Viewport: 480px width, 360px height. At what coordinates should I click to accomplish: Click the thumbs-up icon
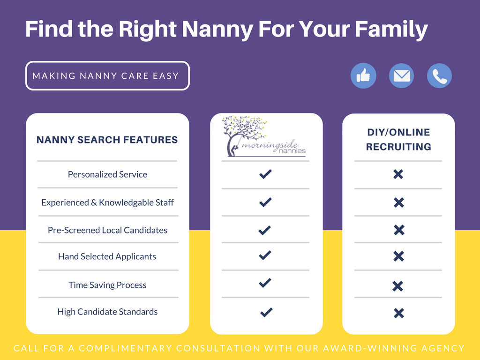click(x=363, y=75)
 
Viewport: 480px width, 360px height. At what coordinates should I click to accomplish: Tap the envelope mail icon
click(x=401, y=75)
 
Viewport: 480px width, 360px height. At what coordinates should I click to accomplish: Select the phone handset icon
click(x=439, y=75)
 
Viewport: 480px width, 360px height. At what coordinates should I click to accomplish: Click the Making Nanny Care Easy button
click(x=107, y=75)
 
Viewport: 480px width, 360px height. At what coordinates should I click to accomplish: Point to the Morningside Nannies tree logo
click(x=264, y=136)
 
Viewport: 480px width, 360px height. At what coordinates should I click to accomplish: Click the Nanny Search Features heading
click(x=107, y=140)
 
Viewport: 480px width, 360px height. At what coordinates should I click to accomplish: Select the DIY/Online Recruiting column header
click(x=398, y=140)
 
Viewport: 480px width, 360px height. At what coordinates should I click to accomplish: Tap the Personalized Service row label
click(x=107, y=174)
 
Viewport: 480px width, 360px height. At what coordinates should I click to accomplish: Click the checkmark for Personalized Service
click(x=265, y=174)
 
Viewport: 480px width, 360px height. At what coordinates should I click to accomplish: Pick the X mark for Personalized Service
click(x=398, y=174)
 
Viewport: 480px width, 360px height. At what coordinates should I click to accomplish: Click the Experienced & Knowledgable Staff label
click(x=107, y=202)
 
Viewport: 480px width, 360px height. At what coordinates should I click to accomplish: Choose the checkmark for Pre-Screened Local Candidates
click(x=265, y=230)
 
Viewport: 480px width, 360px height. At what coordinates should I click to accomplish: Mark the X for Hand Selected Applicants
click(x=398, y=256)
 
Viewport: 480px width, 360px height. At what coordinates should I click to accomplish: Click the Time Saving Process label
click(x=107, y=285)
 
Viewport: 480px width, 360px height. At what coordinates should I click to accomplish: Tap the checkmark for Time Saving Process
click(x=265, y=283)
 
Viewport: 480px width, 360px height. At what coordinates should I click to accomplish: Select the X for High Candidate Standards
click(x=399, y=313)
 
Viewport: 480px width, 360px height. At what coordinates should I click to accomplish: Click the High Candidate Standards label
click(x=107, y=312)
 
